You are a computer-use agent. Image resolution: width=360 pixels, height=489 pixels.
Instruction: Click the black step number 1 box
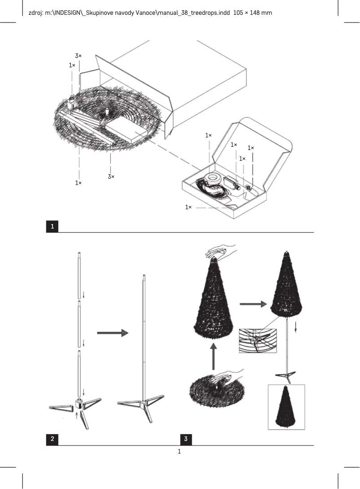tap(53, 227)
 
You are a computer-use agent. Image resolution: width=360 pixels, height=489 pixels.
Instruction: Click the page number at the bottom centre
tap(180, 451)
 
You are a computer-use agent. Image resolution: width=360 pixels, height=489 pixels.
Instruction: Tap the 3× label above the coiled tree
tap(78, 56)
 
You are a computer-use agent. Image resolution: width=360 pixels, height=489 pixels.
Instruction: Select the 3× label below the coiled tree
tap(111, 176)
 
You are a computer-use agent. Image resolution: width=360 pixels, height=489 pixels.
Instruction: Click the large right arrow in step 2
tap(112, 333)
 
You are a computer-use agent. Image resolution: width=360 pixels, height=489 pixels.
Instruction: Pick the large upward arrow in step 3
tap(214, 357)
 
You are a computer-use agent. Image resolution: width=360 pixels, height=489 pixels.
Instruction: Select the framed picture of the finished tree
tap(286, 407)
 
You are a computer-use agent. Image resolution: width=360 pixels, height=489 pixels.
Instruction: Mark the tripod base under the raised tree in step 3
tap(286, 375)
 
